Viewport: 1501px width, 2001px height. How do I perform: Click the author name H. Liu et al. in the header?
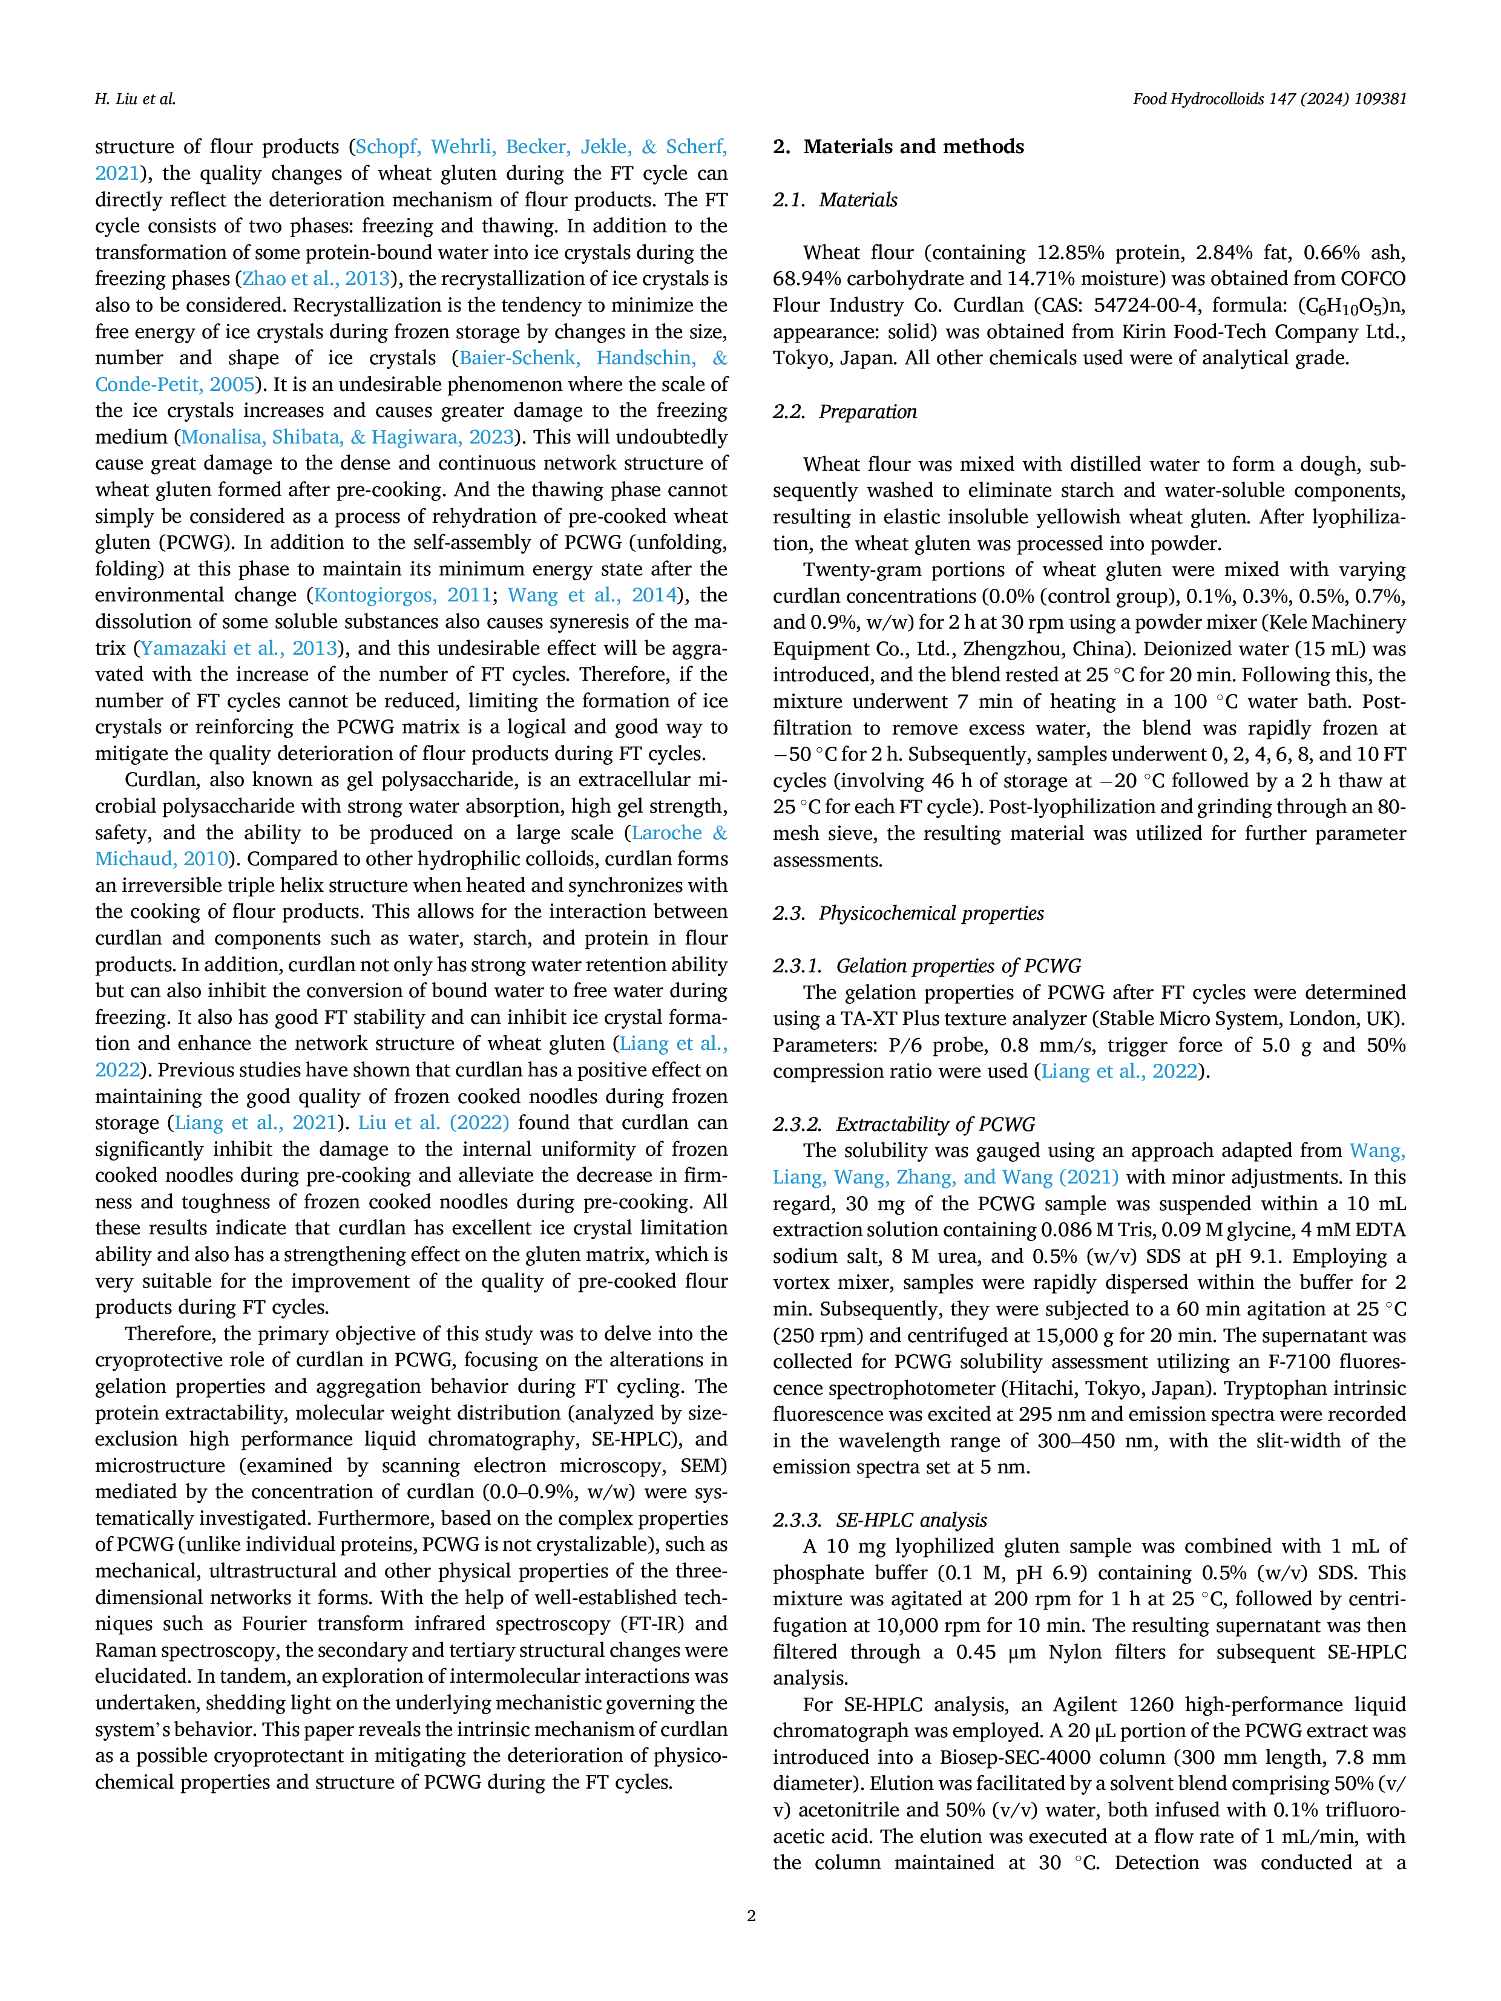click(x=135, y=99)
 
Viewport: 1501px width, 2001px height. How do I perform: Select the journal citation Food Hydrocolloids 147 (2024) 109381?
click(x=1269, y=99)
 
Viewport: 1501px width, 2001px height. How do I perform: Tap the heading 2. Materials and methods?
click(x=898, y=146)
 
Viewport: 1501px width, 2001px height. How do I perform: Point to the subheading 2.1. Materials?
click(x=835, y=200)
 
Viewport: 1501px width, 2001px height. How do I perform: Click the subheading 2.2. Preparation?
click(x=845, y=411)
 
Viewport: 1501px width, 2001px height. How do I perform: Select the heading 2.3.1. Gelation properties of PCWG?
click(x=927, y=966)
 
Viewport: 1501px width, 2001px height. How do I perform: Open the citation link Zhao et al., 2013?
click(x=316, y=278)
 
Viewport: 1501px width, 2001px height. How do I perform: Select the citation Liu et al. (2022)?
click(x=433, y=1122)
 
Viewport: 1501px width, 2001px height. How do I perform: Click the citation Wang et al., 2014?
click(x=593, y=595)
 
